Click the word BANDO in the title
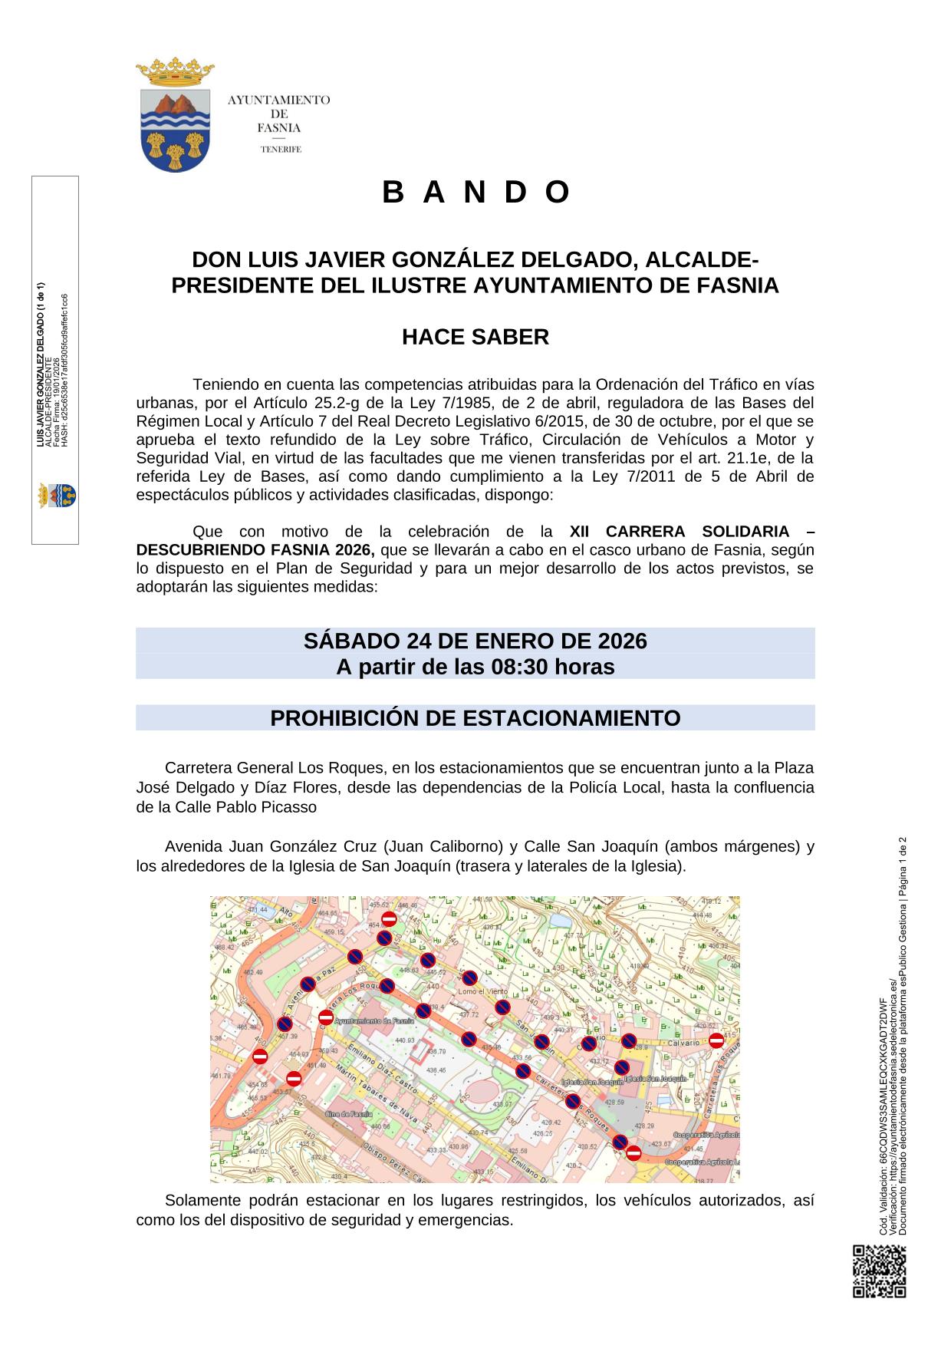tap(475, 193)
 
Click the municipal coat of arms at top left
tap(175, 115)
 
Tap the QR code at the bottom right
tap(879, 1271)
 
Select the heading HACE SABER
tap(475, 337)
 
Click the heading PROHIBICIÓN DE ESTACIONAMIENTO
tap(475, 718)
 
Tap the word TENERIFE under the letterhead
tap(280, 150)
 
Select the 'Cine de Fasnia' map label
tap(349, 1114)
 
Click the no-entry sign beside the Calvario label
tap(716, 1040)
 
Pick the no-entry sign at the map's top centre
tap(389, 919)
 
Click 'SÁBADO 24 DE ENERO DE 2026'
tap(475, 641)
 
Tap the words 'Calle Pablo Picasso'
tap(245, 807)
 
